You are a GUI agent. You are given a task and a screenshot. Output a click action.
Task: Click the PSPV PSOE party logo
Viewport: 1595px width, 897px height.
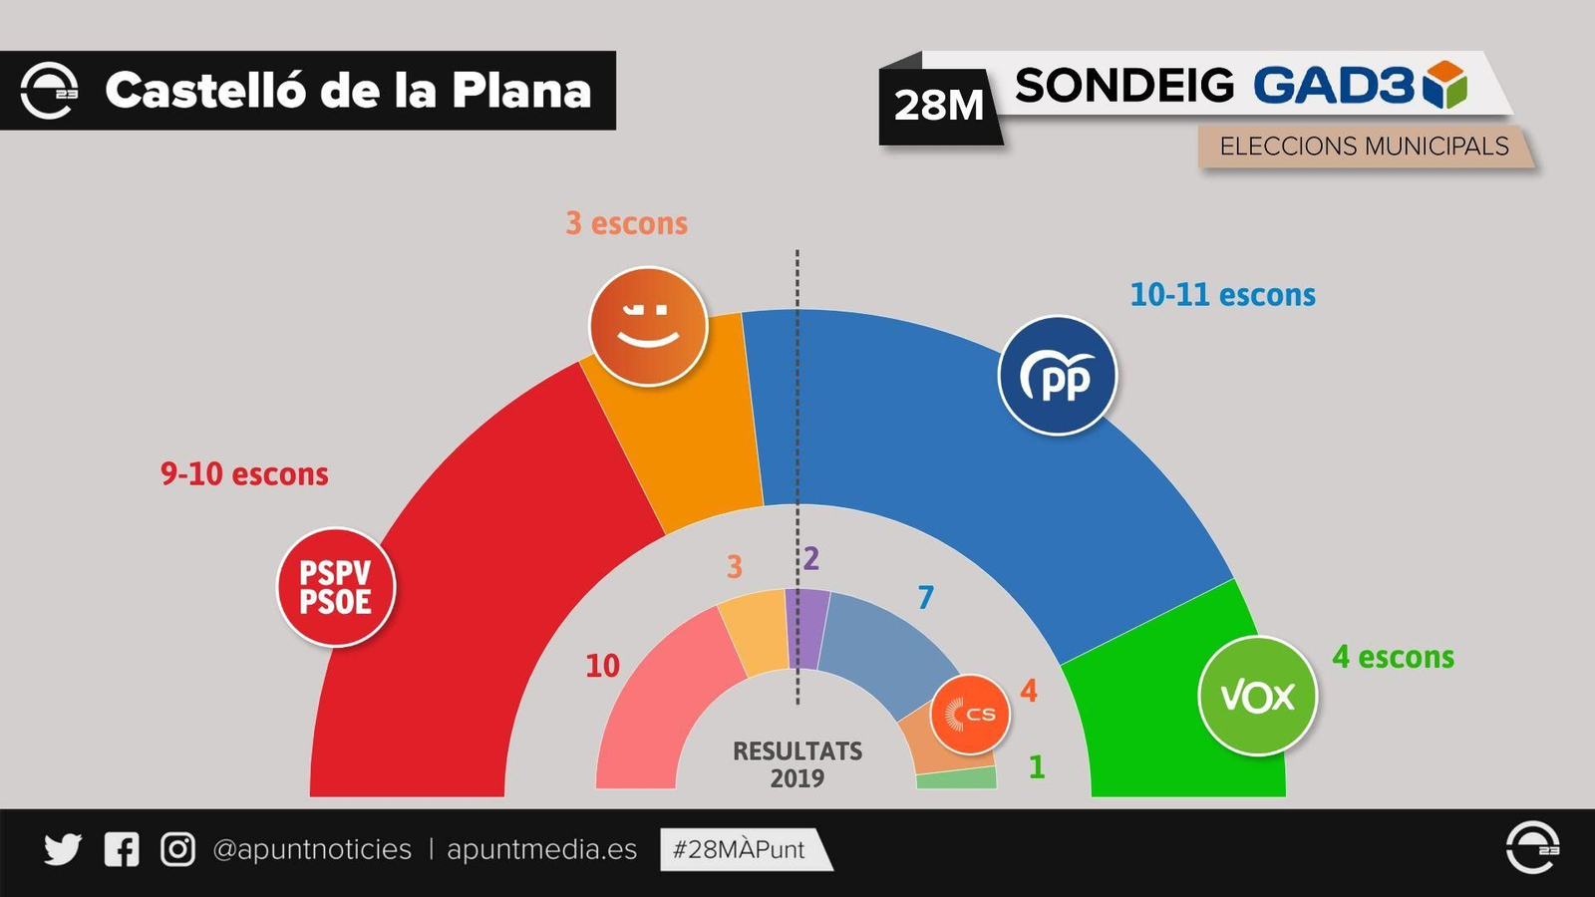(x=336, y=587)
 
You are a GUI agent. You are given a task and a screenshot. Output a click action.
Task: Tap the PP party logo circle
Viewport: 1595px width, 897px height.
(x=1058, y=376)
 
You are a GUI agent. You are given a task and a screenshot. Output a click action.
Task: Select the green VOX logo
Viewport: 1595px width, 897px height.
(x=1257, y=696)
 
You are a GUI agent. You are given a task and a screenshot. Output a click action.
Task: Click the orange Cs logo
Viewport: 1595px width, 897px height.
(x=970, y=714)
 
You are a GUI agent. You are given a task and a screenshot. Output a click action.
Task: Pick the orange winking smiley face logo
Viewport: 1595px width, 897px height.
(x=648, y=326)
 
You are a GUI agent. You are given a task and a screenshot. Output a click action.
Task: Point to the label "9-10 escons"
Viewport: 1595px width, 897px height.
(x=244, y=474)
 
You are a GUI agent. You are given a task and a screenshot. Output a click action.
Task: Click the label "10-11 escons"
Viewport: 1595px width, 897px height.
(x=1222, y=295)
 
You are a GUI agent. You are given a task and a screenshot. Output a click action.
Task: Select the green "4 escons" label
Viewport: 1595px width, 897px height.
(x=1393, y=658)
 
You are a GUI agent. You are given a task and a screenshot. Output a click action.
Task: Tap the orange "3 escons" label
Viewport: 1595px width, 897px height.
(x=626, y=223)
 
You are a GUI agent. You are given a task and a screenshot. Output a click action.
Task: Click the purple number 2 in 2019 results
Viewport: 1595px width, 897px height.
(x=811, y=559)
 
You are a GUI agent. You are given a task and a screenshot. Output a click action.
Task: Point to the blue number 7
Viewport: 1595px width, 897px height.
(x=926, y=598)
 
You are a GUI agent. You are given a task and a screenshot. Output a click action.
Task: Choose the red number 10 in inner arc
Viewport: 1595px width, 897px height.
(x=602, y=666)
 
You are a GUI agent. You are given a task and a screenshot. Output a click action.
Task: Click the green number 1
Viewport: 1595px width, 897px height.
(x=1037, y=767)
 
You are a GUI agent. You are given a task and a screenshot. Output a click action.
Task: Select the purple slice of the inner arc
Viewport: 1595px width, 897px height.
(x=807, y=628)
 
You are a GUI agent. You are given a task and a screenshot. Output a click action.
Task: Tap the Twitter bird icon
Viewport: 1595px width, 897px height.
(x=62, y=849)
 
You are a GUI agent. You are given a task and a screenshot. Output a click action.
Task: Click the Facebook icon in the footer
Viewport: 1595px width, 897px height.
(x=122, y=849)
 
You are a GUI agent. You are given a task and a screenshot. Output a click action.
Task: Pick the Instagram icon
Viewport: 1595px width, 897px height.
(x=177, y=849)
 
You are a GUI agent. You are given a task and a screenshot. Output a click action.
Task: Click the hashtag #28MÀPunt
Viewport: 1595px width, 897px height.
(x=740, y=849)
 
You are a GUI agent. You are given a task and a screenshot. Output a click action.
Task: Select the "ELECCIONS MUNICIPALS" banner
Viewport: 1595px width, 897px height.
(x=1364, y=147)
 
